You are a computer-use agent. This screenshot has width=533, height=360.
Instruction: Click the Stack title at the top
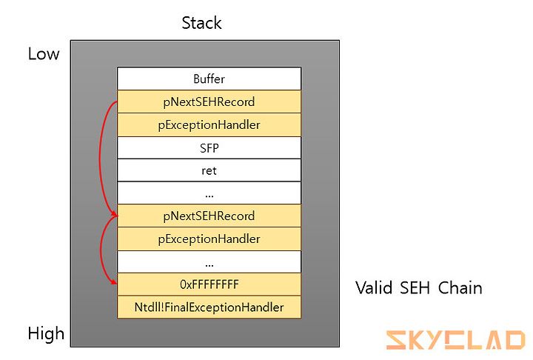(201, 23)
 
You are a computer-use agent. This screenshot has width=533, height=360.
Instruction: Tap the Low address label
(44, 54)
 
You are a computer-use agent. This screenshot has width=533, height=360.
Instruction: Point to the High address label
(46, 333)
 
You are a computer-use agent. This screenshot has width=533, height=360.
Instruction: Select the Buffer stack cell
(209, 79)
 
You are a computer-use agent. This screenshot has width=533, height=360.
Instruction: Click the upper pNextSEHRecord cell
(209, 101)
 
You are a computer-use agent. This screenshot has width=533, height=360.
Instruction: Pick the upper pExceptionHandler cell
(209, 125)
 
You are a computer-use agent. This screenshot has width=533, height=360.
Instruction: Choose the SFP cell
(209, 147)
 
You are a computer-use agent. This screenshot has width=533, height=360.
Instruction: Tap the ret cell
(209, 170)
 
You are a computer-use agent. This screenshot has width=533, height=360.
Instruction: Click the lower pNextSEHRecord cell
(209, 216)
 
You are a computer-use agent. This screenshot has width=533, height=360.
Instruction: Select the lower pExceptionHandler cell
(209, 239)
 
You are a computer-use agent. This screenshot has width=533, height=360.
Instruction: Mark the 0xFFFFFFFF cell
(209, 284)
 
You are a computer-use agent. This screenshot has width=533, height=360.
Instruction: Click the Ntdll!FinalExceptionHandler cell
(209, 307)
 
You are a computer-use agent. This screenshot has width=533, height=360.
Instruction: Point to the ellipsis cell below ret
(209, 193)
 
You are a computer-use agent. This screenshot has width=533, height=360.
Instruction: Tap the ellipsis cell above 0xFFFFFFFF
(209, 261)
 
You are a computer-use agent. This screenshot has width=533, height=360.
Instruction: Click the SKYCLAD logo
(456, 340)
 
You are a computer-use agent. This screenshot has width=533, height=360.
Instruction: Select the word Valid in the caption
(374, 288)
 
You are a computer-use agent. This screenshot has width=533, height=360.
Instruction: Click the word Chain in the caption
(460, 288)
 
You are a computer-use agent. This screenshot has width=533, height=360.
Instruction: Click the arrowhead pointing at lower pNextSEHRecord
(113, 213)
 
